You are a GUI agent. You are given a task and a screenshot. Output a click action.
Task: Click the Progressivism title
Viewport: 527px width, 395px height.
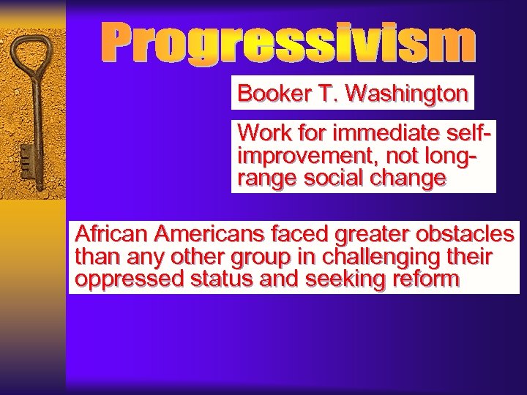(x=288, y=43)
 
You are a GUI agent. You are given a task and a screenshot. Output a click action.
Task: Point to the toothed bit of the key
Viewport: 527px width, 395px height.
(x=28, y=159)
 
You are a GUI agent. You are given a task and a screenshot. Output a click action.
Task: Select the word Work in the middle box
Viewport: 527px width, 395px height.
(x=259, y=134)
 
